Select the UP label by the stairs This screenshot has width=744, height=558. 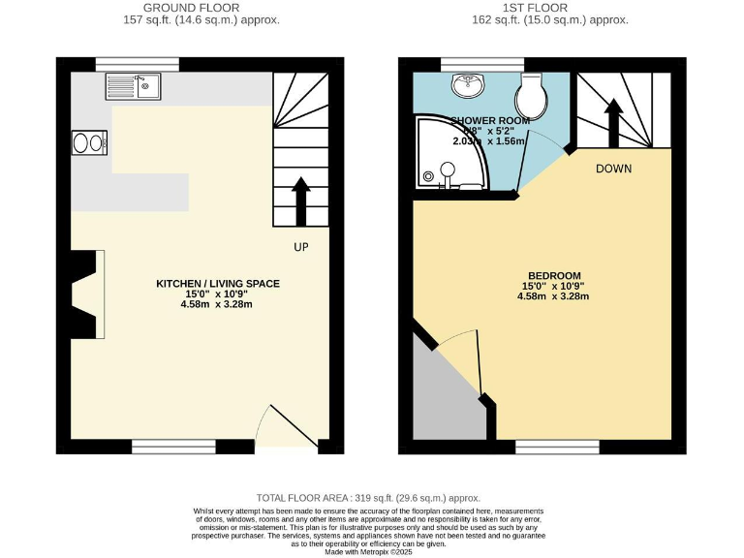(300, 247)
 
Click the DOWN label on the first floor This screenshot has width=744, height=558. (613, 169)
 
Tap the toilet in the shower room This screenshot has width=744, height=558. (532, 94)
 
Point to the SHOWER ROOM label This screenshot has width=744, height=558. (489, 121)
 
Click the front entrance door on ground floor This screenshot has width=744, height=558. (287, 426)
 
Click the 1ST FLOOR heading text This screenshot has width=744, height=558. (535, 8)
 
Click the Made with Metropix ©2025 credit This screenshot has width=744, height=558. (368, 551)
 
